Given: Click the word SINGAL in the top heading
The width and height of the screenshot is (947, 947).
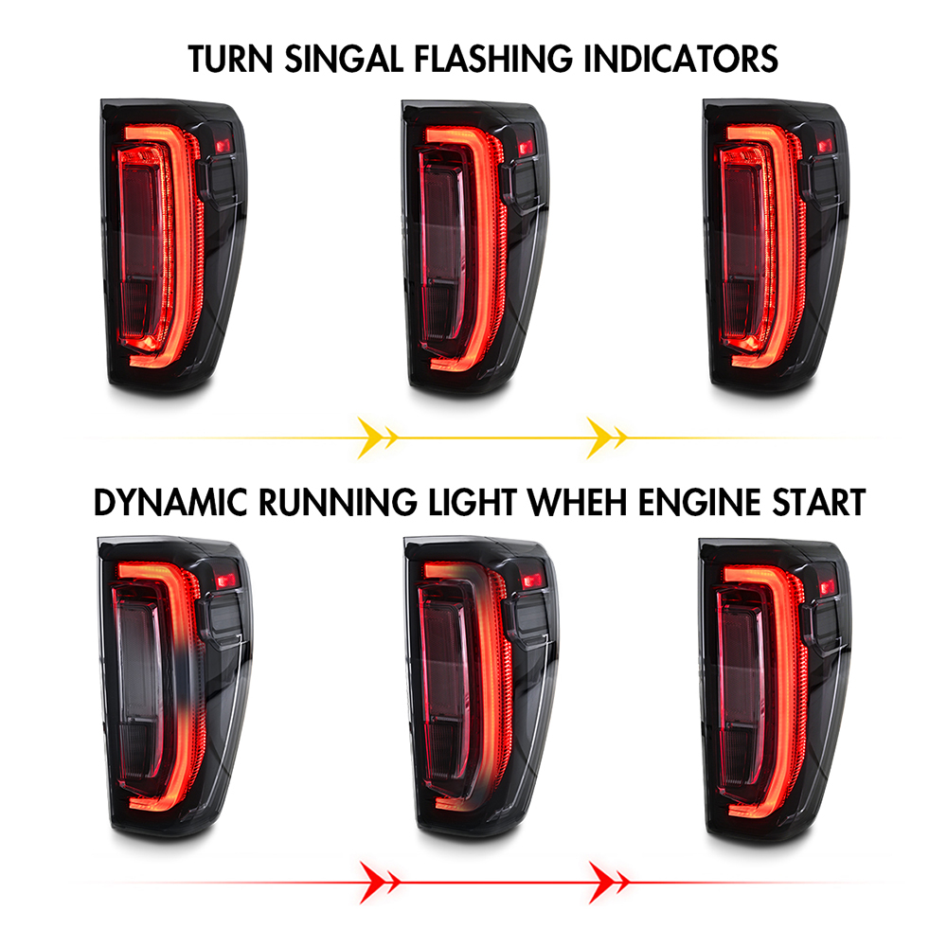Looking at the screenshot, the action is click(344, 59).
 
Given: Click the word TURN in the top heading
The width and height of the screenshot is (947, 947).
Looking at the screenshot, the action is click(230, 59).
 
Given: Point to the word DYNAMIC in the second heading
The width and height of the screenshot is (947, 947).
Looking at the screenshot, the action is click(170, 503).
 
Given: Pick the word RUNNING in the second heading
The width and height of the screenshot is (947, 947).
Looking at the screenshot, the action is click(338, 503).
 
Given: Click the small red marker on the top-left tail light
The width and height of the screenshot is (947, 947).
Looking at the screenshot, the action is click(223, 146).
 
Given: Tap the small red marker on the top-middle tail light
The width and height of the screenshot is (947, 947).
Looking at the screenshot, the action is click(526, 148).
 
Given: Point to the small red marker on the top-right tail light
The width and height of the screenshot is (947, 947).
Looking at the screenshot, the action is click(825, 146).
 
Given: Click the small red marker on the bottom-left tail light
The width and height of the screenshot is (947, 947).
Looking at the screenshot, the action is click(226, 581).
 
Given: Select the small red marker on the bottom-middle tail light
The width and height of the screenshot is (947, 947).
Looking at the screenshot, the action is click(532, 581).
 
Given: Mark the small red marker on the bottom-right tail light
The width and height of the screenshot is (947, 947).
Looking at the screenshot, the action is click(828, 586).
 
